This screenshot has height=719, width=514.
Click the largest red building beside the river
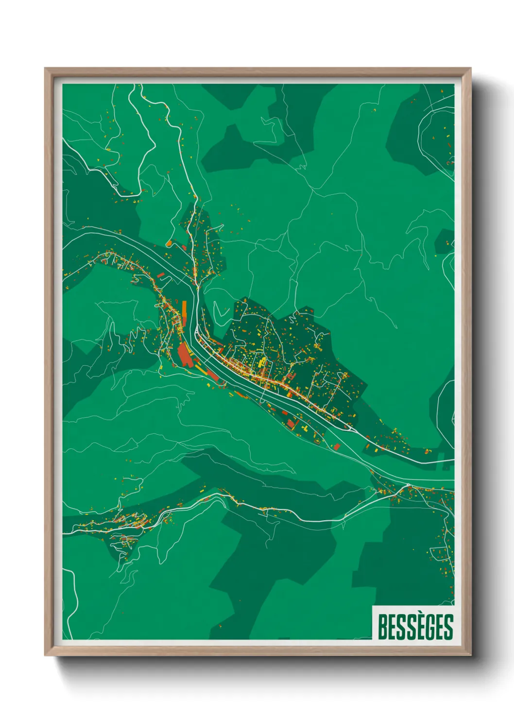click(185, 355)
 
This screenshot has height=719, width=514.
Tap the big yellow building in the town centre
click(262, 362)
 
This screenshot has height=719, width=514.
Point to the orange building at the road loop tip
click(169, 243)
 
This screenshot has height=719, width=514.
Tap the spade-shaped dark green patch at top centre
click(233, 146)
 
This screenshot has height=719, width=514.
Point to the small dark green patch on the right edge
click(445, 241)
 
